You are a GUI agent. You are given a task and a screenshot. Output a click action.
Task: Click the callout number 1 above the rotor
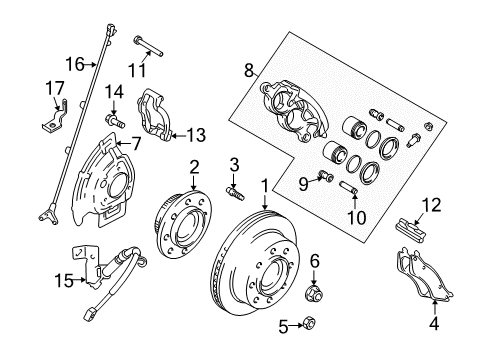[264, 184]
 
